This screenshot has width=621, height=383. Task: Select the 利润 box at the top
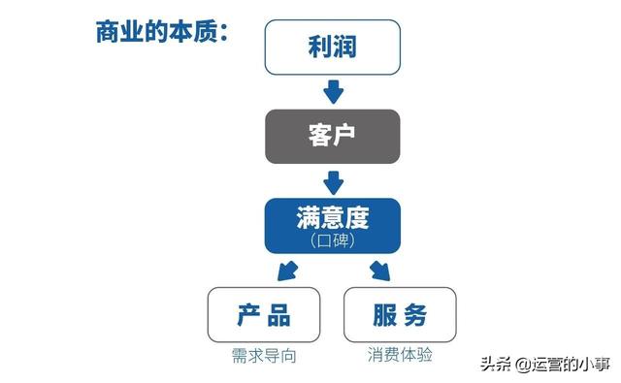click(332, 47)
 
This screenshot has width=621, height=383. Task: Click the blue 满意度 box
click(332, 225)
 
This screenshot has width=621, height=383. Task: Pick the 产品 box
click(263, 314)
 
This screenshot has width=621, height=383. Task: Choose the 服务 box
click(399, 314)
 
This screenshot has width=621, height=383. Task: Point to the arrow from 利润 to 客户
click(333, 91)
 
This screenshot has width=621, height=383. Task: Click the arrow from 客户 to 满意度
click(333, 180)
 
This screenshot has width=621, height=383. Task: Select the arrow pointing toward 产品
click(285, 269)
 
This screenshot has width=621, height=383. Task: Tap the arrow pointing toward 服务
click(379, 269)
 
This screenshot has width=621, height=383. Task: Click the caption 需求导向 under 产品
click(263, 356)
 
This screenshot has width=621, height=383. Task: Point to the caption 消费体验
click(399, 355)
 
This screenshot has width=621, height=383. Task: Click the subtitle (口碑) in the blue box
click(332, 239)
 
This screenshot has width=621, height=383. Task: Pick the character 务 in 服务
click(414, 314)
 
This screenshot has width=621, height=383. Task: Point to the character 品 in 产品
click(278, 314)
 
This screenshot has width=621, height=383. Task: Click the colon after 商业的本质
click(222, 33)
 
